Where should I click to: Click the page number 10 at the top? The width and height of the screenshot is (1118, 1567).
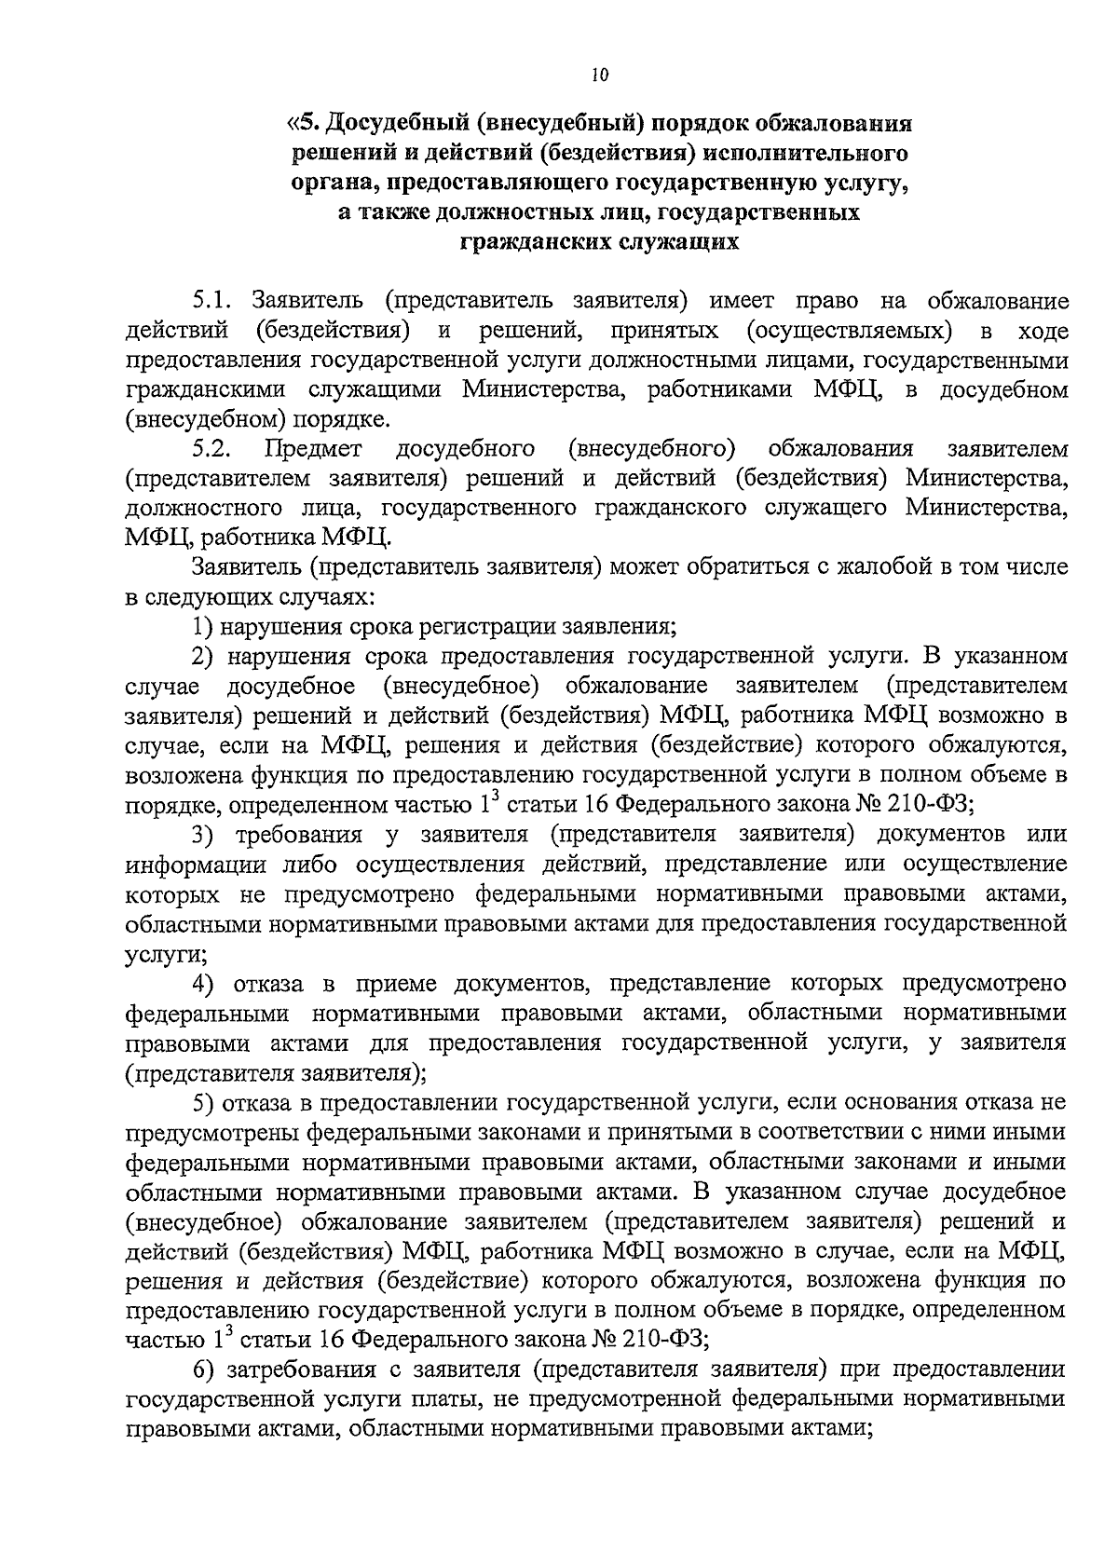pos(599,76)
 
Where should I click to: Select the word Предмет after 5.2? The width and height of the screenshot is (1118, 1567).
pos(313,449)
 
